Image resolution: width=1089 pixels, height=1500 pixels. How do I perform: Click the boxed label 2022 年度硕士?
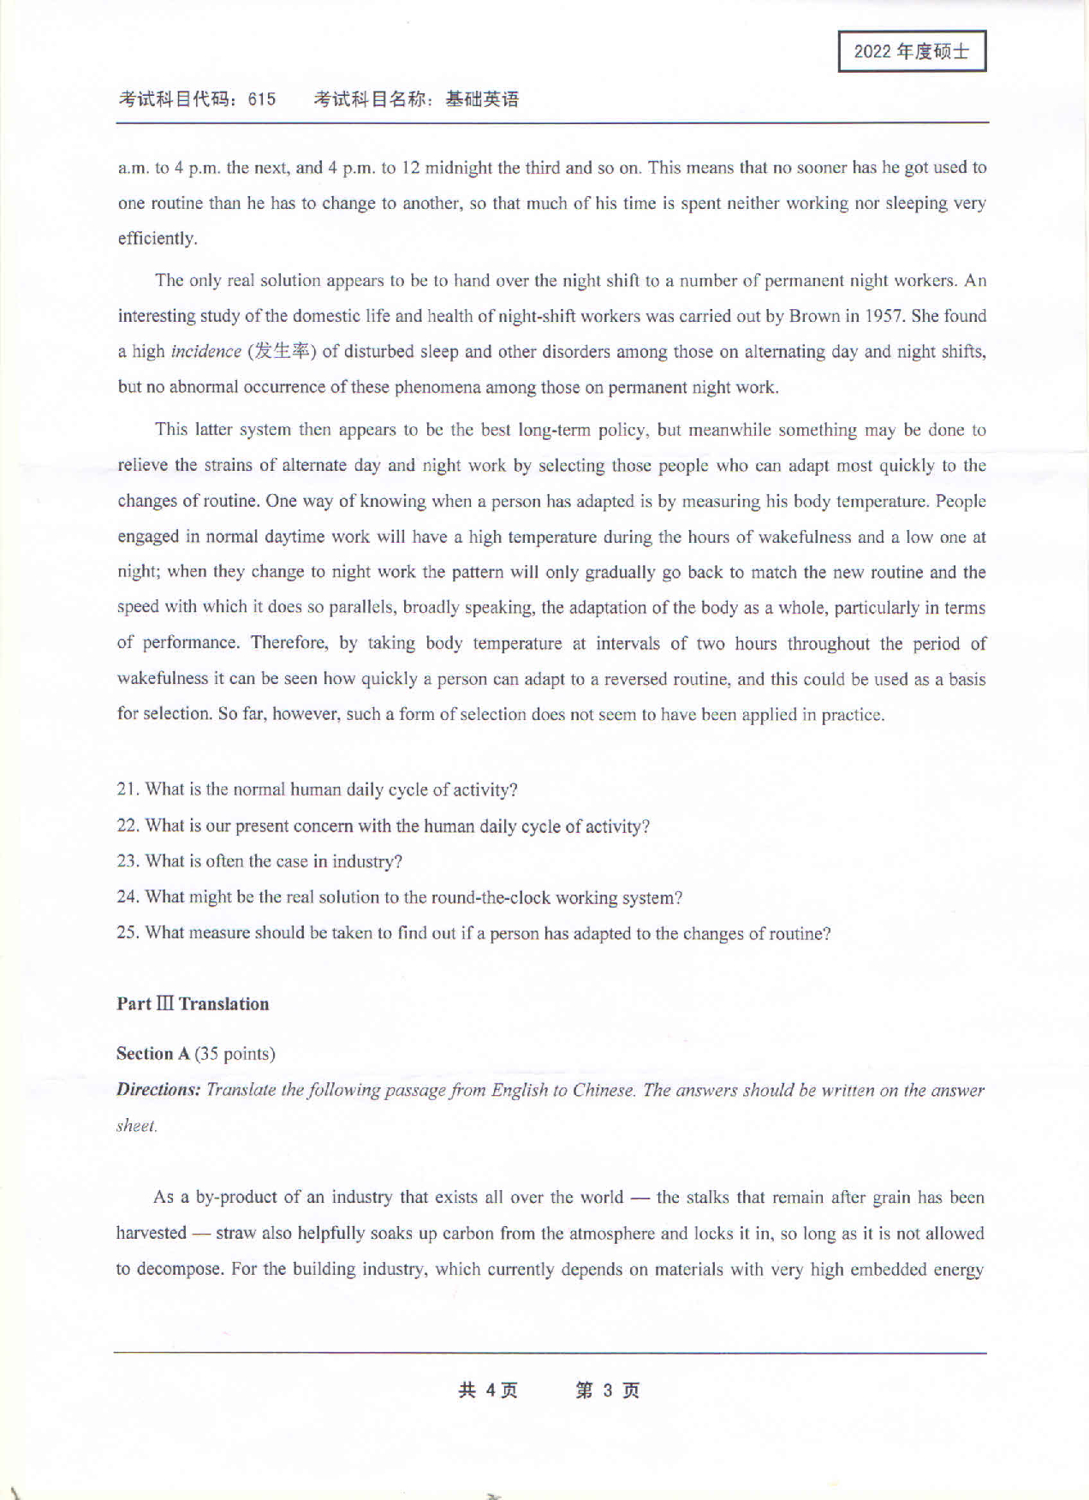click(912, 51)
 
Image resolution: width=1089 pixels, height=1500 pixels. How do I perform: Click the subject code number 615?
click(262, 99)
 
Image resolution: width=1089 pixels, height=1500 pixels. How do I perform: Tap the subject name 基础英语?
click(482, 99)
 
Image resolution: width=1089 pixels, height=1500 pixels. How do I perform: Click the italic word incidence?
click(205, 352)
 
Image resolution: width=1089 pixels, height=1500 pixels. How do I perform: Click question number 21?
click(128, 789)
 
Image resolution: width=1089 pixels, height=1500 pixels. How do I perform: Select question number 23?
click(128, 861)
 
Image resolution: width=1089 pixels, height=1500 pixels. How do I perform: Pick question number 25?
click(128, 933)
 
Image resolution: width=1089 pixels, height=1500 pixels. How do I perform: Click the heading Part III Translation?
click(193, 1004)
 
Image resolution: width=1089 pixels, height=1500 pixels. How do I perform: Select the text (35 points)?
click(235, 1054)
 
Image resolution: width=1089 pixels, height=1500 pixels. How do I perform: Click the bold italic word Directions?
click(158, 1090)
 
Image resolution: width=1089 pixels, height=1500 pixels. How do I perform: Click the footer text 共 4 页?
click(488, 1390)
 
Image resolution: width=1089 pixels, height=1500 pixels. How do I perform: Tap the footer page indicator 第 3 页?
click(607, 1390)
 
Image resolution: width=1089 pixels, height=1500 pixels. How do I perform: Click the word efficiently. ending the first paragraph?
click(158, 239)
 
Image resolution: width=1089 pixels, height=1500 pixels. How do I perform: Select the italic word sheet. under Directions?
click(137, 1126)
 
